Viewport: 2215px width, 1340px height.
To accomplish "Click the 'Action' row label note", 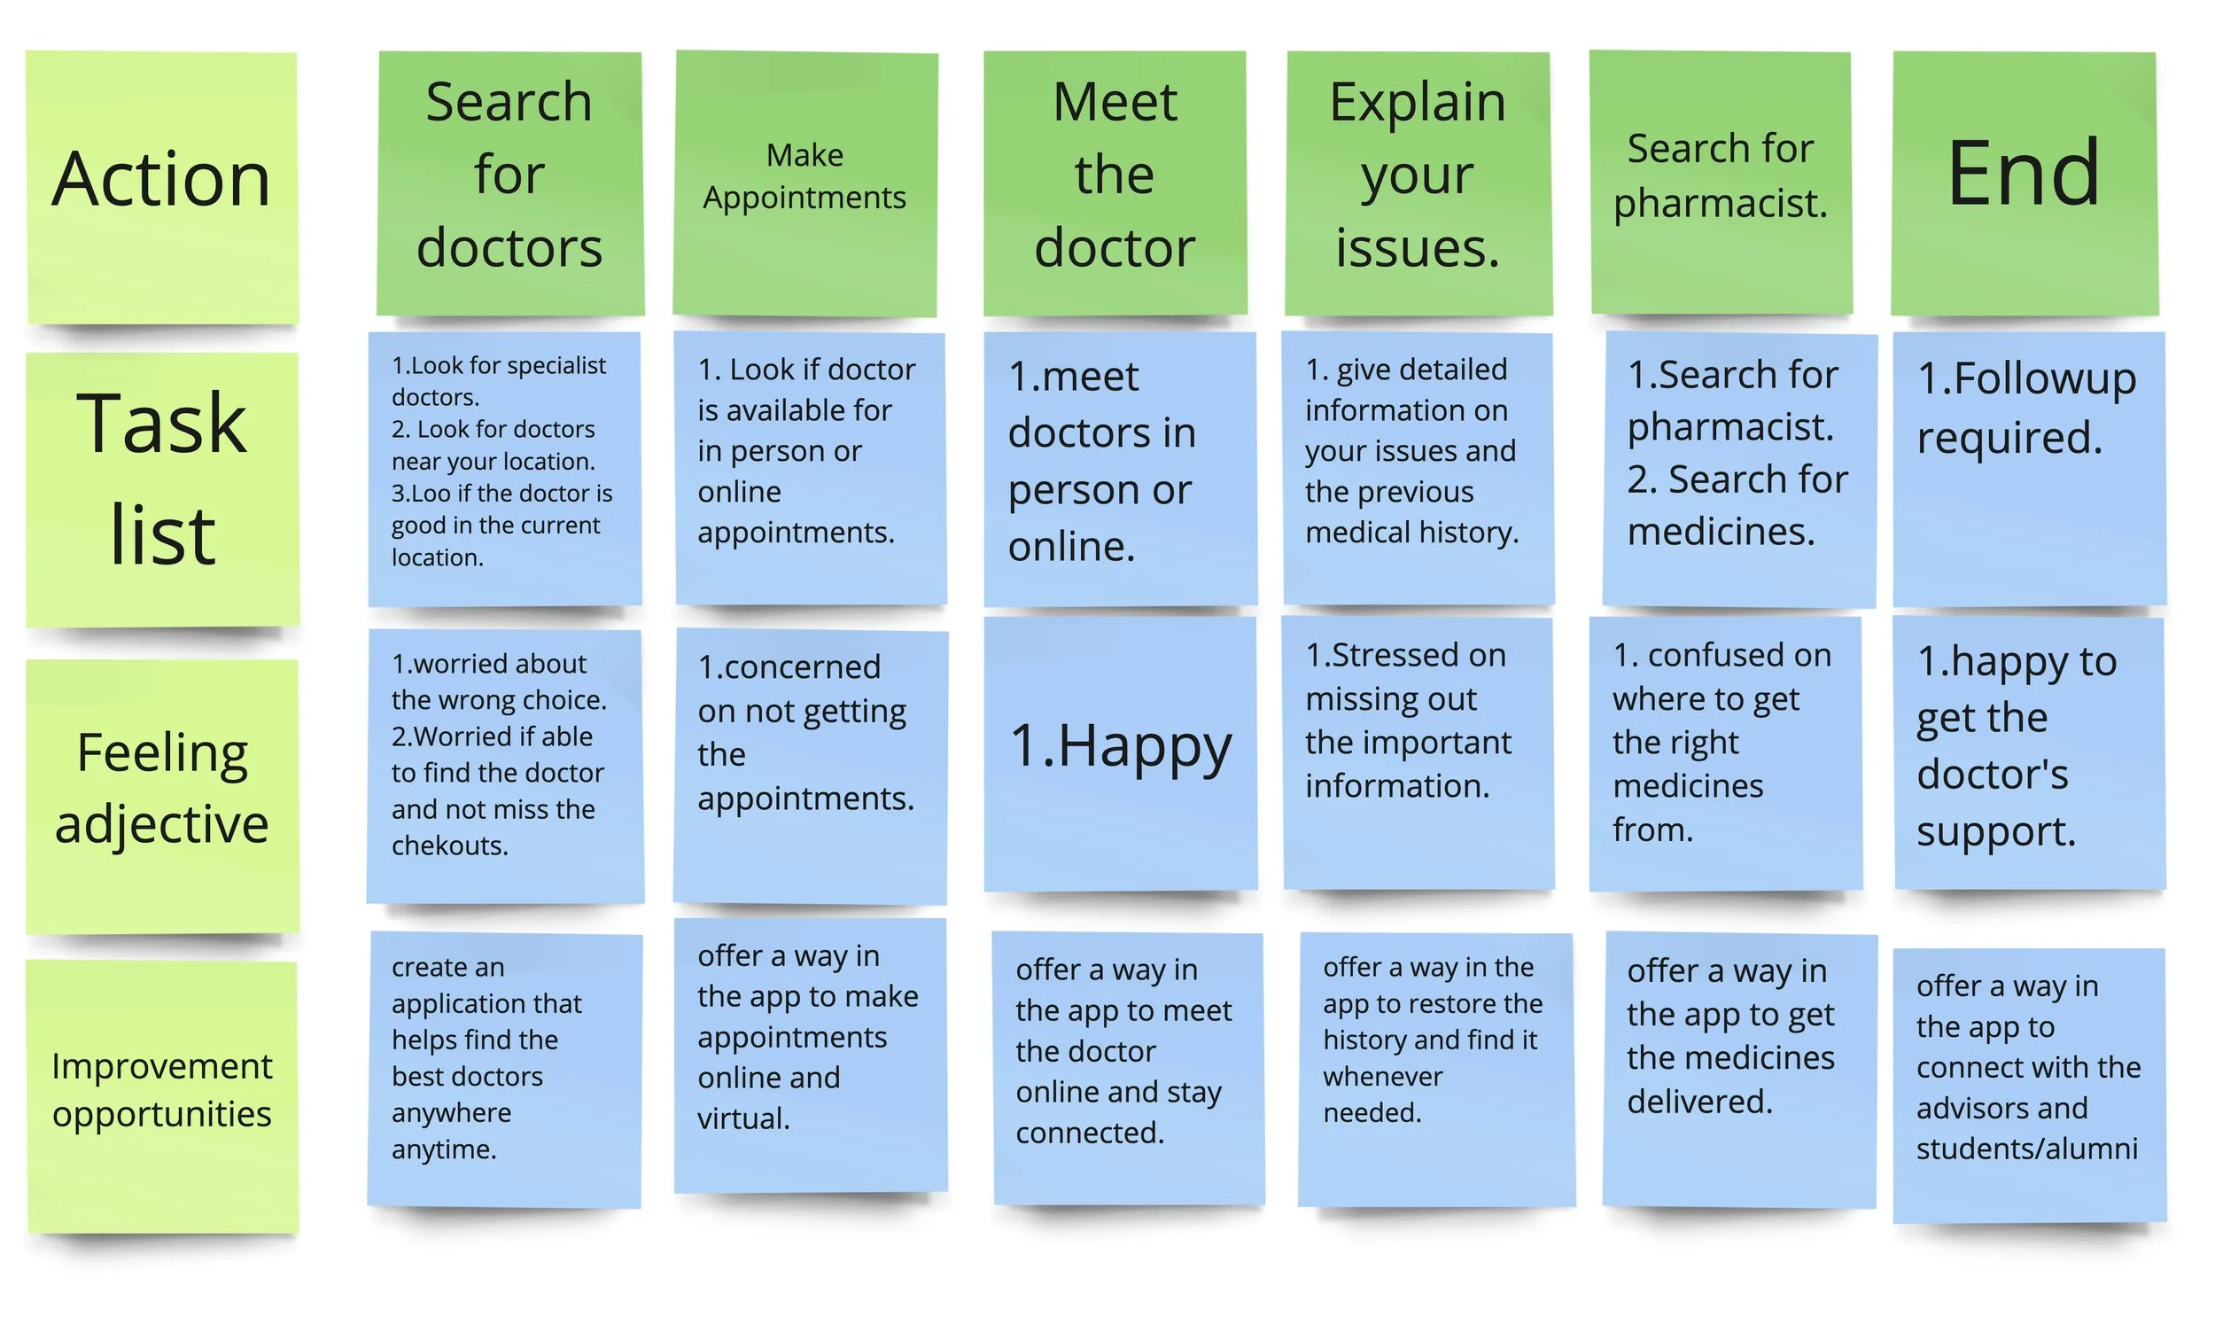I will click(162, 187).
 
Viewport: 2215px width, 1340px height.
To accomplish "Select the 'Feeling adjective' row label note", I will click(162, 796).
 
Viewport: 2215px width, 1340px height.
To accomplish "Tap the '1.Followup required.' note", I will click(2028, 468).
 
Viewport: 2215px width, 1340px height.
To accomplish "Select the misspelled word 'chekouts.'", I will click(449, 846).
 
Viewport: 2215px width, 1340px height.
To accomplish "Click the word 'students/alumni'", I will click(2026, 1149).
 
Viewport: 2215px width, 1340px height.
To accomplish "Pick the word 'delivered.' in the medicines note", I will click(1699, 1102).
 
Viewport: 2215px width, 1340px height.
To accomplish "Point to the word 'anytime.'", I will click(444, 1149).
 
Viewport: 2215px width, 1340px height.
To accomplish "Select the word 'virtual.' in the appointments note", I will click(743, 1118).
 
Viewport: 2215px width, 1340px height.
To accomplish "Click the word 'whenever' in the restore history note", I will click(1382, 1077).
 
